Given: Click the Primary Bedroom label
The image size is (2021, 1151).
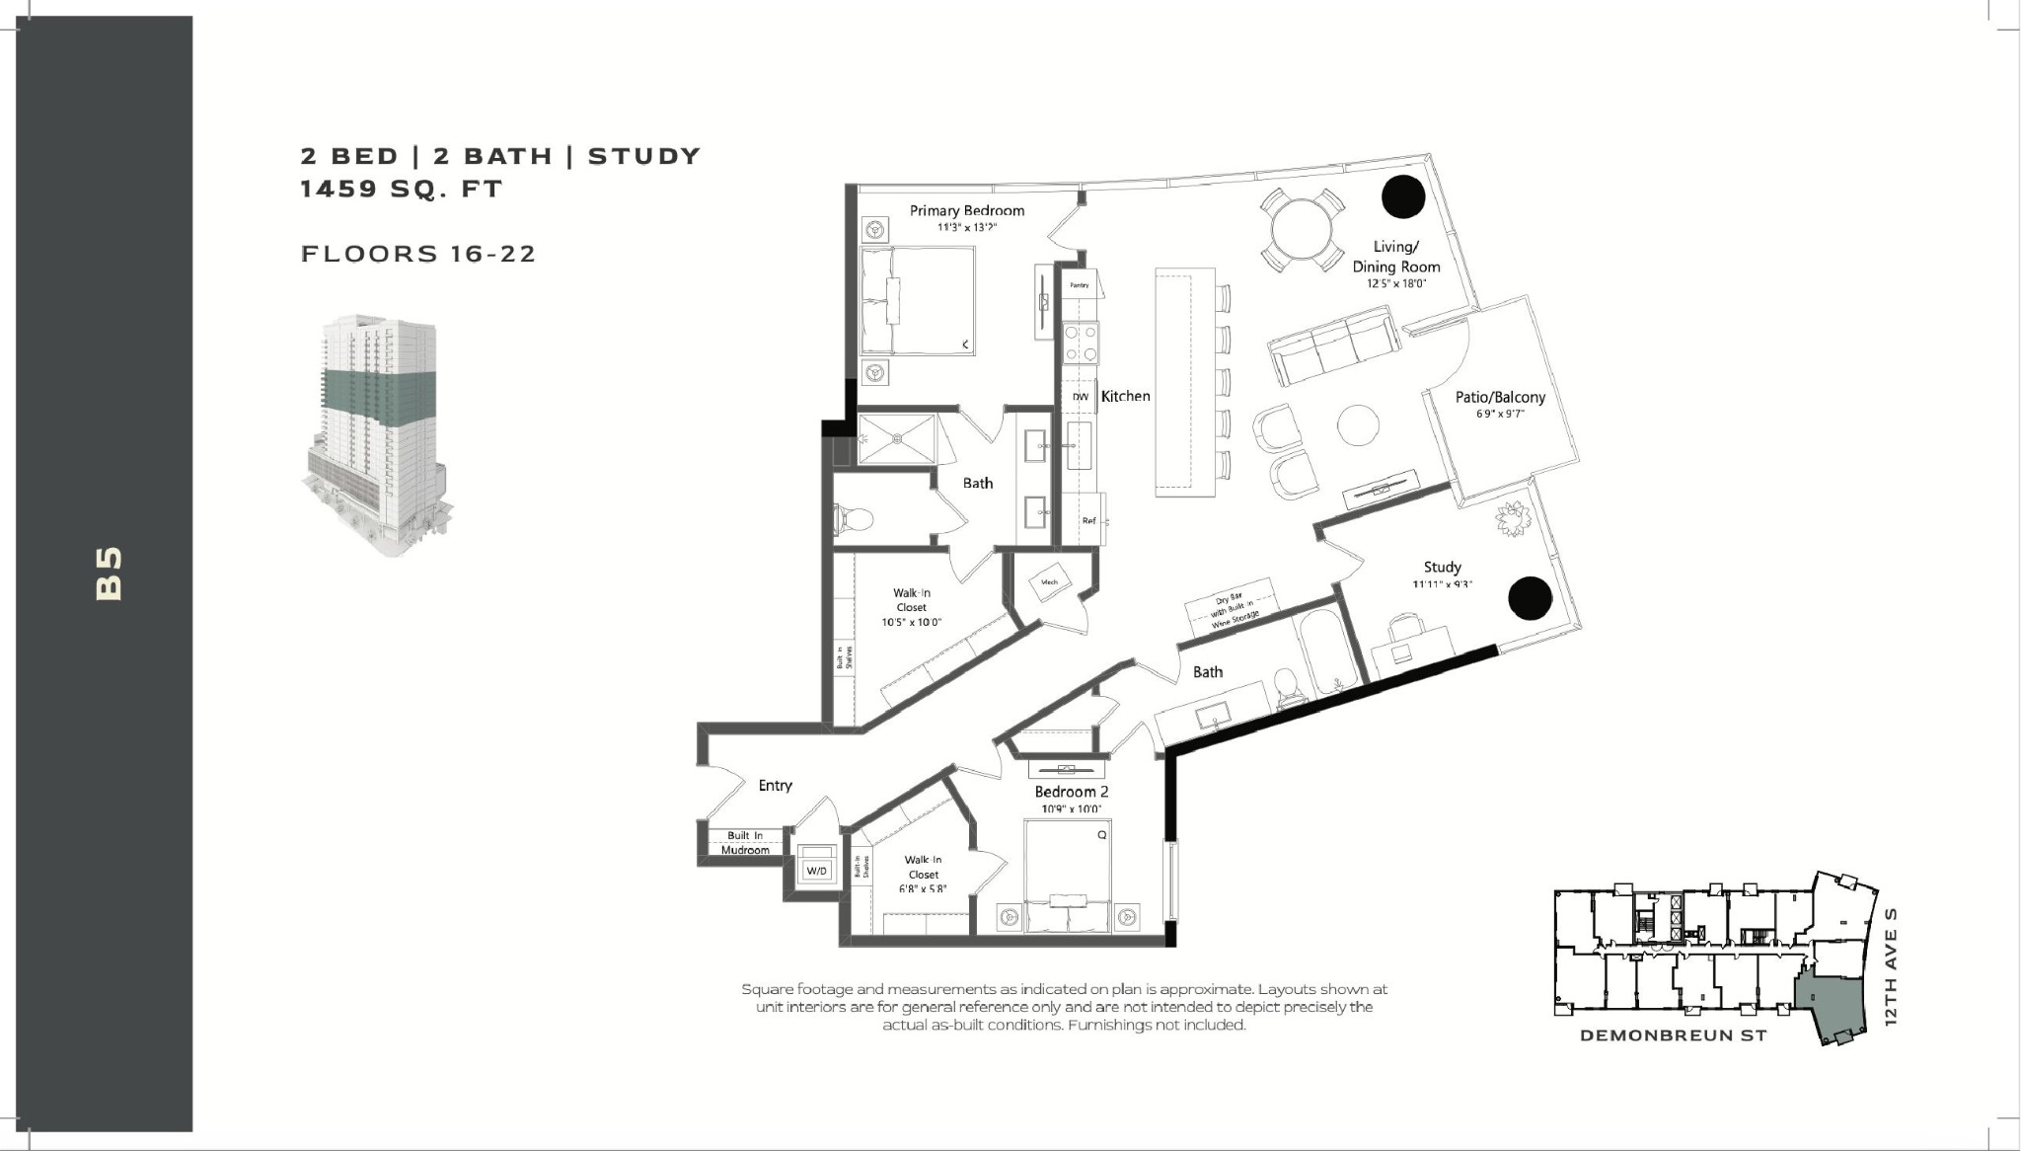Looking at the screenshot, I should click(966, 210).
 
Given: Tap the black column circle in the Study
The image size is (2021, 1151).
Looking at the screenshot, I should click(1530, 598).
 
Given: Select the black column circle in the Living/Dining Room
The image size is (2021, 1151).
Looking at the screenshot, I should click(1402, 196).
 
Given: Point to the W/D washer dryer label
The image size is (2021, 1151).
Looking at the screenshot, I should click(816, 871).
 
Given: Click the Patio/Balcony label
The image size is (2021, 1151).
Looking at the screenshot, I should click(1500, 397).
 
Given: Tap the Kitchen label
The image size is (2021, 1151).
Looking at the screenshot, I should click(1125, 396).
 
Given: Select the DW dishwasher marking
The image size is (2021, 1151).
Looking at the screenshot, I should click(1081, 397).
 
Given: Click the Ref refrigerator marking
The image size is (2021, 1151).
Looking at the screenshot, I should click(1088, 520).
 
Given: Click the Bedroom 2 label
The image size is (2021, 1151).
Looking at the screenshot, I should click(1072, 792).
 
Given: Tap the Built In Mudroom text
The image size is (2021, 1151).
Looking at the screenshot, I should click(745, 842).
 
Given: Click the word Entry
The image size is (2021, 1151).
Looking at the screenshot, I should click(775, 786).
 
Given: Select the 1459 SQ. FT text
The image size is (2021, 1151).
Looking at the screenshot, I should click(402, 189).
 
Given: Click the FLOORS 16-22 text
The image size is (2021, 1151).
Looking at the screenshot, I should click(418, 254).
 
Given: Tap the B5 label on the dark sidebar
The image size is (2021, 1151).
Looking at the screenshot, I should click(109, 574).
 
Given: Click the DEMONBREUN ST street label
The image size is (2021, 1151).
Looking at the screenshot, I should click(1673, 1036).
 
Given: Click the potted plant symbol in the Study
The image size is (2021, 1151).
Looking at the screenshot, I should click(1511, 519).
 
